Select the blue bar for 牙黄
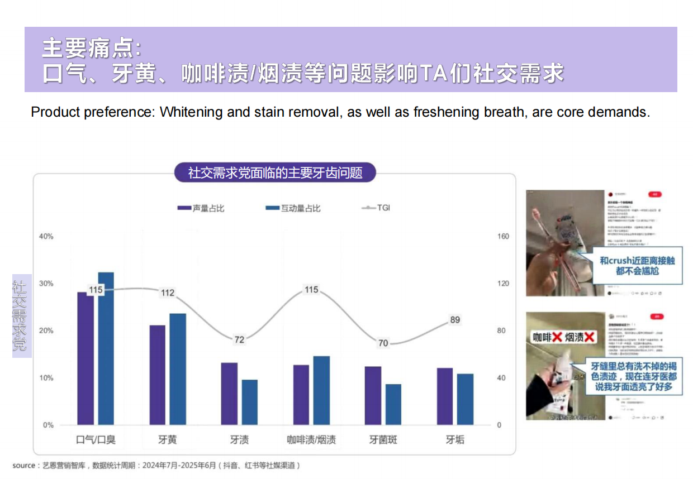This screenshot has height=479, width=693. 178,369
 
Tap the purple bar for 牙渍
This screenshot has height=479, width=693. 229,394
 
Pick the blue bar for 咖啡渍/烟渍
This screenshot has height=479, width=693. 321,390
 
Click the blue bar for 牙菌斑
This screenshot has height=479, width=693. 393,404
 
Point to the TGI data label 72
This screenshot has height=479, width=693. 239,339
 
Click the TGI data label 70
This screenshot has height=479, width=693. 383,343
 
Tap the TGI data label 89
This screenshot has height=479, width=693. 455,320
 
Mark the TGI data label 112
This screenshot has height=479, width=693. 168,293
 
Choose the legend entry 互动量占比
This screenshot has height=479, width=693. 301,208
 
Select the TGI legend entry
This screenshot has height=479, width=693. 383,208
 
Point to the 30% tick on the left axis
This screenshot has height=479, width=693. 46,284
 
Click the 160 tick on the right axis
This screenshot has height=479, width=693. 503,236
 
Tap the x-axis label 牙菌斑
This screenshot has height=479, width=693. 383,440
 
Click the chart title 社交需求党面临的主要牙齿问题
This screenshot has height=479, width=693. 275,173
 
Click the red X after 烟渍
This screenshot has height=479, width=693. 589,337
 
